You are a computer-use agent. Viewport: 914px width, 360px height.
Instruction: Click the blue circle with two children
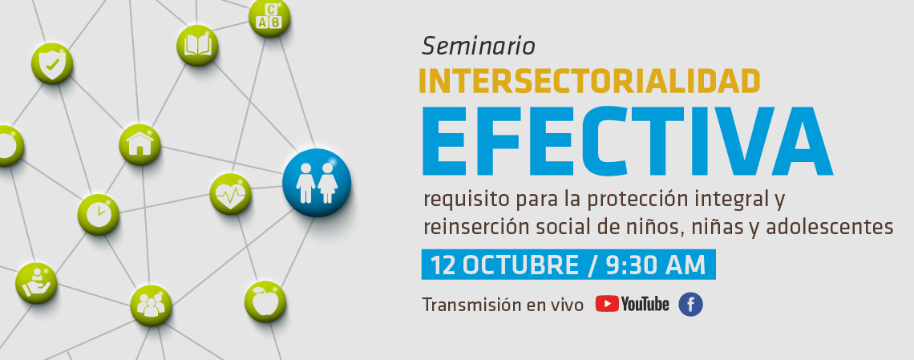pyautogui.click(x=317, y=183)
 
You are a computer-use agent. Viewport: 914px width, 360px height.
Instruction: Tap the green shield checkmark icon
pyautogui.click(x=52, y=63)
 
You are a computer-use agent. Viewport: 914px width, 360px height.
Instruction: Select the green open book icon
pyautogui.click(x=197, y=46)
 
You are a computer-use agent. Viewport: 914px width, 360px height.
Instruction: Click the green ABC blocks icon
pyautogui.click(x=269, y=18)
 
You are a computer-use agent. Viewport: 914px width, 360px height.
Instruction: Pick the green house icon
pyautogui.click(x=140, y=144)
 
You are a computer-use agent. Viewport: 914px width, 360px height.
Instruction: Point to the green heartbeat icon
pyautogui.click(x=230, y=194)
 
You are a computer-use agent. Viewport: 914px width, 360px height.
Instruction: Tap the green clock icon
pyautogui.click(x=99, y=214)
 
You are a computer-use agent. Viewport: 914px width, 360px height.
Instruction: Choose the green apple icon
pyautogui.click(x=265, y=301)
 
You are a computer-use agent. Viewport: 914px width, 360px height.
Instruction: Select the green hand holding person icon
pyautogui.click(x=36, y=283)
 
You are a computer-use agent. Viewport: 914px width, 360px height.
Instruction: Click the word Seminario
pyautogui.click(x=478, y=46)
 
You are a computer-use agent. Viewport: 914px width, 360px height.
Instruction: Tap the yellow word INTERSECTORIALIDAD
pyautogui.click(x=589, y=81)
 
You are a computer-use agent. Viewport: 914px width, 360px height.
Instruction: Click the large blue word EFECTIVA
pyautogui.click(x=627, y=142)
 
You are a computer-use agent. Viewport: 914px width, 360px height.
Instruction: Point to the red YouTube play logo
pyautogui.click(x=607, y=304)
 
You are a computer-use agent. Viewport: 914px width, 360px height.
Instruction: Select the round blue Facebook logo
pyautogui.click(x=691, y=305)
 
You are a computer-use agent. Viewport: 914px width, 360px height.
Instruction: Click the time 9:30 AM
pyautogui.click(x=656, y=265)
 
